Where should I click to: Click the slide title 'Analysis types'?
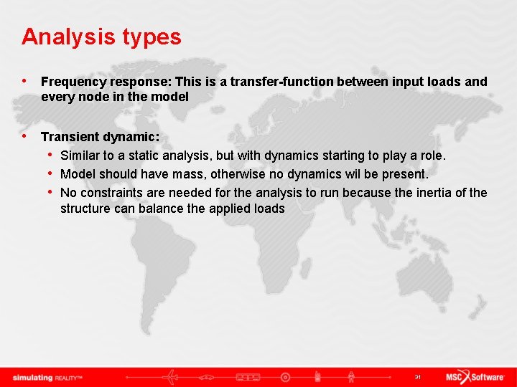pyautogui.click(x=101, y=37)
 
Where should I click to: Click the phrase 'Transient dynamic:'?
pyautogui.click(x=100, y=136)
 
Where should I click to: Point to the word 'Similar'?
pyautogui.click(x=80, y=155)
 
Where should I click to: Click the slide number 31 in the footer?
pyautogui.click(x=416, y=377)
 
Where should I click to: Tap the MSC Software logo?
pyautogui.click(x=475, y=377)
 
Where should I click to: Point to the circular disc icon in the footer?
pyautogui.click(x=285, y=377)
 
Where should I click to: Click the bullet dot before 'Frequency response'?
pyautogui.click(x=26, y=82)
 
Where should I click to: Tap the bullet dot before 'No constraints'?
pyautogui.click(x=52, y=193)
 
